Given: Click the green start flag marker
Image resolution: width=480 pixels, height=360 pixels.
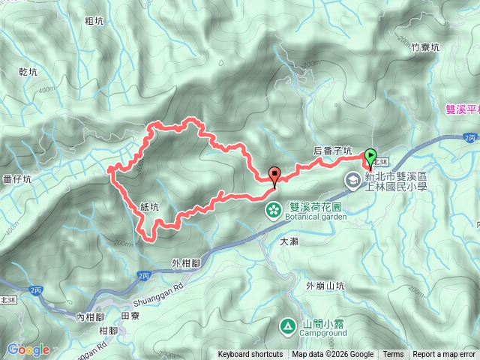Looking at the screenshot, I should click(370, 157).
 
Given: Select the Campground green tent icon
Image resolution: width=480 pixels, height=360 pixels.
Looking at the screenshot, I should click(287, 325).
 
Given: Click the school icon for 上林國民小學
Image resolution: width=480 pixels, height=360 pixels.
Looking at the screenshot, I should click(352, 180).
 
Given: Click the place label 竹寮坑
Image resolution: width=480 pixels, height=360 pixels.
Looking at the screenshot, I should click(425, 47).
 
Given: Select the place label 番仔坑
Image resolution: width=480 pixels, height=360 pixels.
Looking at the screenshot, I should click(16, 179).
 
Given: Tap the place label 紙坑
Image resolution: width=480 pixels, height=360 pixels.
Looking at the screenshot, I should click(149, 206).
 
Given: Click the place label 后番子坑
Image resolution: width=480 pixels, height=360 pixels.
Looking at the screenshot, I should click(332, 151).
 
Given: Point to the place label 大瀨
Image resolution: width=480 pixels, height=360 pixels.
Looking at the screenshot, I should click(289, 242).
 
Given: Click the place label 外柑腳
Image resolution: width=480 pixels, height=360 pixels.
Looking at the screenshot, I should click(186, 262).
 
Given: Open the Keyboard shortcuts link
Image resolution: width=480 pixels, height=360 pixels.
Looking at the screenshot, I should click(250, 355).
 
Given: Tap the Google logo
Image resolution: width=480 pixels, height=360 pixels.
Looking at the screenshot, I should click(28, 349).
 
